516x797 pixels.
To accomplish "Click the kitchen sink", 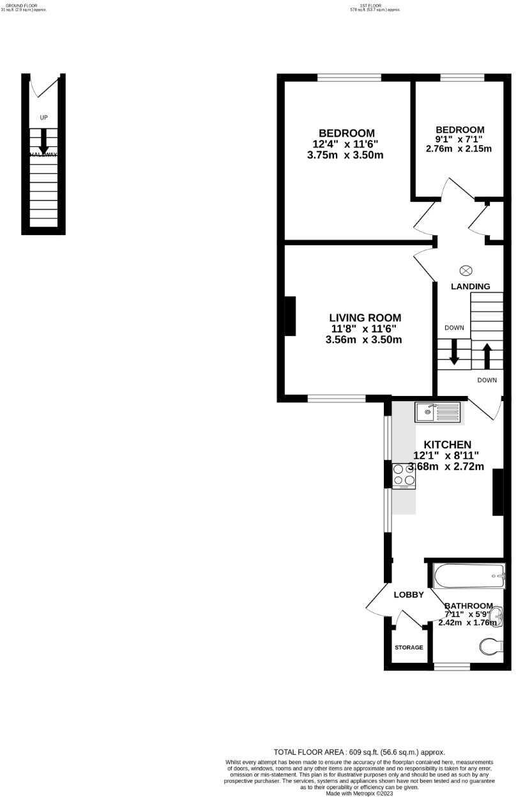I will (438, 412).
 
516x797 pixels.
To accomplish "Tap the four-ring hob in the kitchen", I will (404, 475).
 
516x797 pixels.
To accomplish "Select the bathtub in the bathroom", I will (468, 576).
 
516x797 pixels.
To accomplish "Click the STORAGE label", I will (409, 648).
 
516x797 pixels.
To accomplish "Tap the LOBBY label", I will (409, 595).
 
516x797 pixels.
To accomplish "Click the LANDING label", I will (471, 287).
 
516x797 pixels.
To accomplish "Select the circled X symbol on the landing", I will (466, 270).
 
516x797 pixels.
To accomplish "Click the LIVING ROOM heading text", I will (365, 317).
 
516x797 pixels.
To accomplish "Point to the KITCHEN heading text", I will (448, 444).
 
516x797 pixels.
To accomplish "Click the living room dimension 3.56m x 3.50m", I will (363, 340).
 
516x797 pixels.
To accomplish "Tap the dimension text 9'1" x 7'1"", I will (459, 139).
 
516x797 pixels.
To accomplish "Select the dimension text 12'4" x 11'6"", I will (345, 144).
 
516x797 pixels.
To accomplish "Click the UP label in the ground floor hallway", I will (43, 118).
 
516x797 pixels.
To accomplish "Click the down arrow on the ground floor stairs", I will (43, 140).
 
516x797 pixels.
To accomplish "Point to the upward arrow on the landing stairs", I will (487, 356).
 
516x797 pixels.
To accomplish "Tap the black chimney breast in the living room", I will (291, 316).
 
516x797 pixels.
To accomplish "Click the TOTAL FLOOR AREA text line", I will (359, 752).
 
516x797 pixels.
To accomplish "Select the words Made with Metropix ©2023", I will (359, 794).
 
